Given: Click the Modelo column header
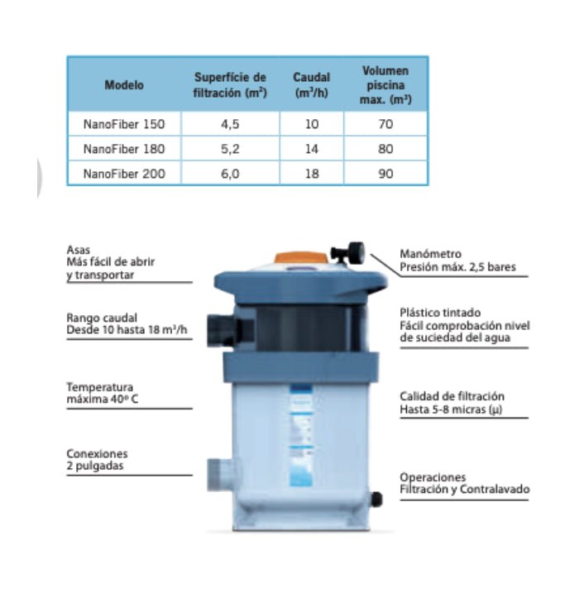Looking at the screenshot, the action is point(124,84).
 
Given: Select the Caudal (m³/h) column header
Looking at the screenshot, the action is point(312,84).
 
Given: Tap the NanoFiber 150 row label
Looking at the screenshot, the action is point(124,124).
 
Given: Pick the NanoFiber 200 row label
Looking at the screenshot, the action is point(124,174).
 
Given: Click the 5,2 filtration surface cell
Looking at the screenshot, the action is point(230,149).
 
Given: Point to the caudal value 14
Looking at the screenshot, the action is point(312,149).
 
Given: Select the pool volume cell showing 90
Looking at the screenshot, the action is point(385,174).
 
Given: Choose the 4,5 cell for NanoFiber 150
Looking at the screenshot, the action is point(230,124).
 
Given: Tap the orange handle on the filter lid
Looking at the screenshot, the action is point(301,257).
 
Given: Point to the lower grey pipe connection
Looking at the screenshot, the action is point(222,475).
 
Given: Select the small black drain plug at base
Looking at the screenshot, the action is point(376,500).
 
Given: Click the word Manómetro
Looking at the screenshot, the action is point(430,254).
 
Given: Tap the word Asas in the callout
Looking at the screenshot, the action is point(78,250).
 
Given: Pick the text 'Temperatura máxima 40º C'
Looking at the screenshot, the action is point(103,393).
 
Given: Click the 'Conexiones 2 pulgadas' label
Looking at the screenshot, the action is point(98,459).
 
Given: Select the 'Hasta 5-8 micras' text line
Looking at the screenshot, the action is point(451,409).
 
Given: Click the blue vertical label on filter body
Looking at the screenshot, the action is point(301,436).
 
